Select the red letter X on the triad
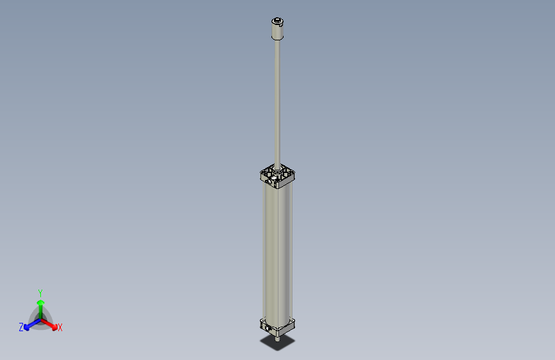click(60, 328)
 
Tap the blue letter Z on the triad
click(21, 327)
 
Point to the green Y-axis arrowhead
click(40, 302)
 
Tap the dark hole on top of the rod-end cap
click(278, 22)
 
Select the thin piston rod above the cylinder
click(278, 102)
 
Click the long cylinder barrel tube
click(278, 250)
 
